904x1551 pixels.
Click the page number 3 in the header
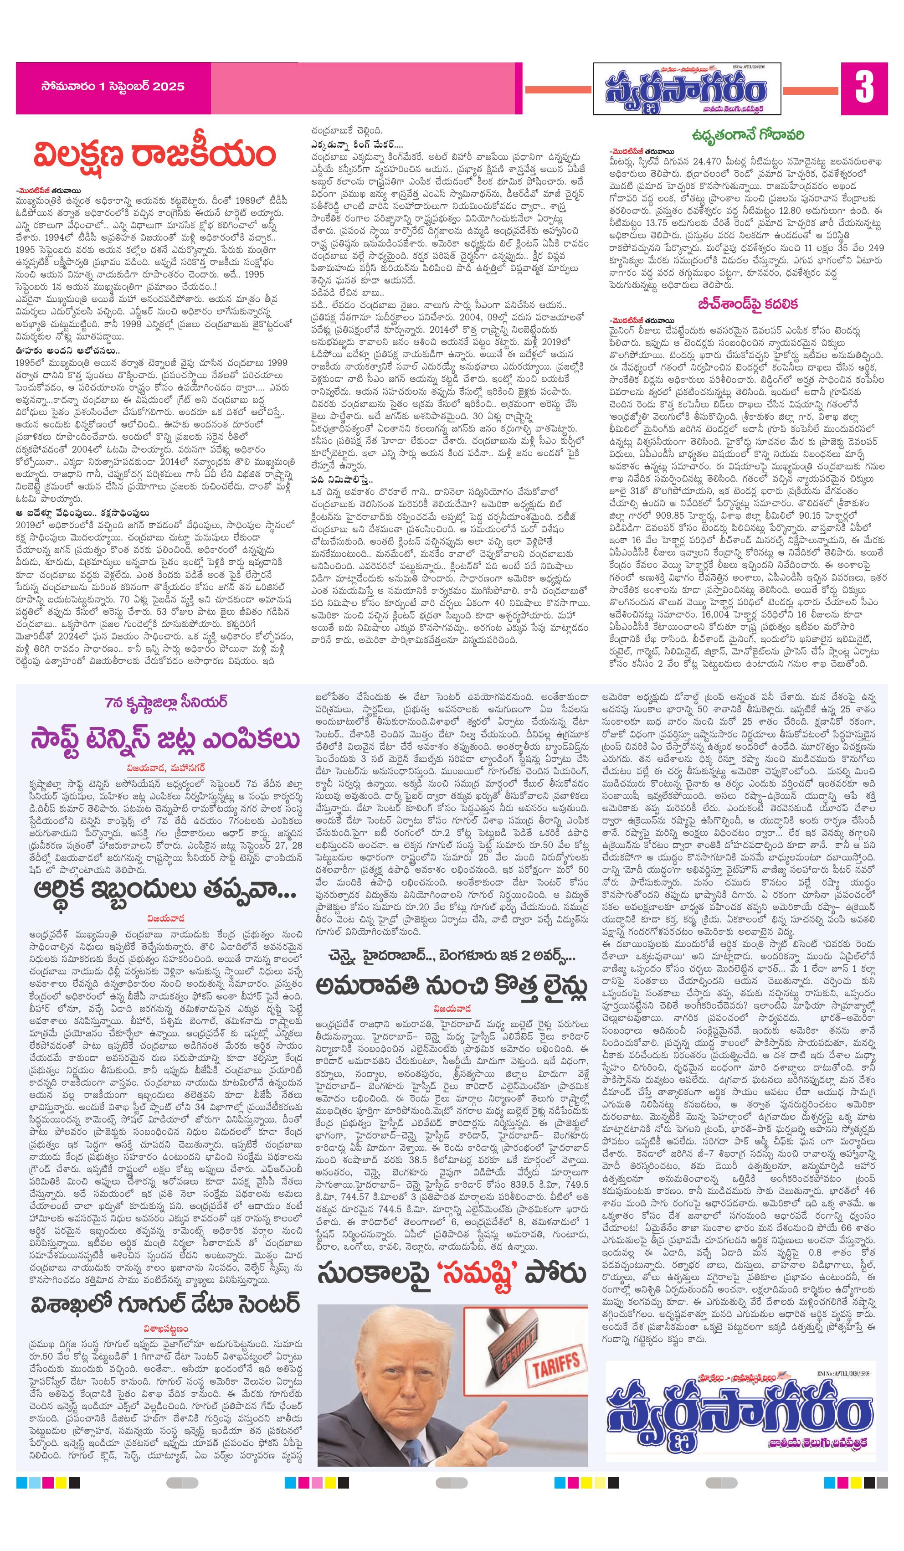[864, 88]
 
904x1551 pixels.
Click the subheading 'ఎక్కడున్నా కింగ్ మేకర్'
[357, 144]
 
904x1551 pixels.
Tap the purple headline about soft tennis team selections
[165, 739]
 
